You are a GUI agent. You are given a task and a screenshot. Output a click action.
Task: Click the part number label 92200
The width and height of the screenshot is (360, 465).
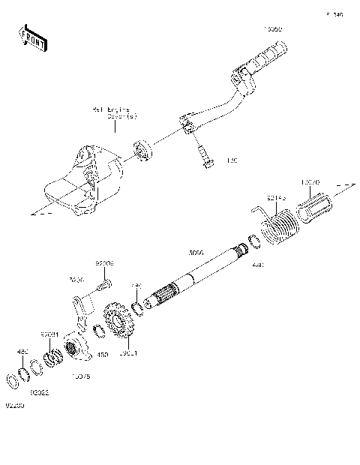pos(15,405)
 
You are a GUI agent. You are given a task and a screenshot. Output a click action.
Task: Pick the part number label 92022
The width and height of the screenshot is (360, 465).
pos(40,391)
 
